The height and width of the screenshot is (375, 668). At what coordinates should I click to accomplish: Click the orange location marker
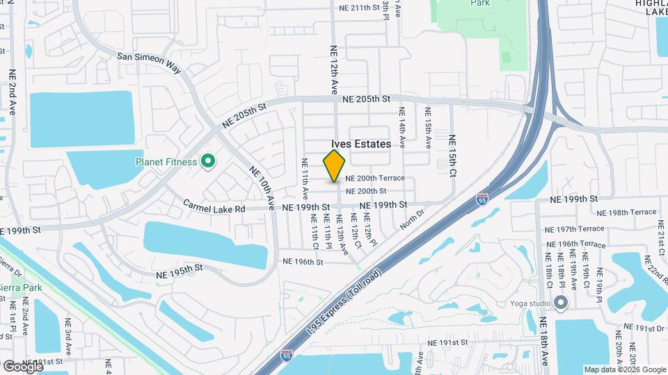(335, 166)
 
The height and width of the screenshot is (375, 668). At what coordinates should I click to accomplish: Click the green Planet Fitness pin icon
(207, 162)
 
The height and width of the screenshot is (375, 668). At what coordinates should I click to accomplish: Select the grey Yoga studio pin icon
(561, 303)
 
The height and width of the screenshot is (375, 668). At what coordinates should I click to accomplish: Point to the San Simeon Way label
(149, 61)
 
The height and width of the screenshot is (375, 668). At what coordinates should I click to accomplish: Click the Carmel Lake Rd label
(215, 208)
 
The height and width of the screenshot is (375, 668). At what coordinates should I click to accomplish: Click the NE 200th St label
(375, 191)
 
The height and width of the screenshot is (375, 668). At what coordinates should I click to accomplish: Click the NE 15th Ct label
(452, 155)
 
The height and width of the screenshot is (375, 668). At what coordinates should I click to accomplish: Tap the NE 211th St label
(360, 8)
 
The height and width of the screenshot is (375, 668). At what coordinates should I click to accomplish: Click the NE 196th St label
(303, 262)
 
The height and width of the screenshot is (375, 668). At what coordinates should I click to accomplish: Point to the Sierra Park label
(20, 288)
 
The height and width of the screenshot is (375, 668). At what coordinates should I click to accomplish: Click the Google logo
(22, 365)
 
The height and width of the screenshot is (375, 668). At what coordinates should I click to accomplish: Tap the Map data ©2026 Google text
(624, 369)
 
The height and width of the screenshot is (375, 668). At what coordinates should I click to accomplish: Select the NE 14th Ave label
(402, 126)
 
